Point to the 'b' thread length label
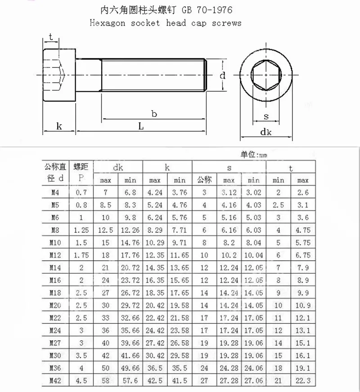[154, 114]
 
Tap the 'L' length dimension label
[141, 127]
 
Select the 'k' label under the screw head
[59, 127]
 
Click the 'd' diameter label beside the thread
[222, 76]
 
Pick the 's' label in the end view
[266, 116]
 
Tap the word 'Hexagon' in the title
[107, 23]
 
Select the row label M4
[56, 193]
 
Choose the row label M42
[56, 380]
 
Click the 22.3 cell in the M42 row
[303, 380]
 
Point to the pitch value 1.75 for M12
[81, 255]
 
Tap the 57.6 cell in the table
[130, 380]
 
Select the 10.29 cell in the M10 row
[155, 243]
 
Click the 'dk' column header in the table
[118, 168]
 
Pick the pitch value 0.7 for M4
[81, 193]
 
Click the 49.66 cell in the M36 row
[130, 368]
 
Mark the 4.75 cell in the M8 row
[303, 230]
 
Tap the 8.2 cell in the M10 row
[229, 243]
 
